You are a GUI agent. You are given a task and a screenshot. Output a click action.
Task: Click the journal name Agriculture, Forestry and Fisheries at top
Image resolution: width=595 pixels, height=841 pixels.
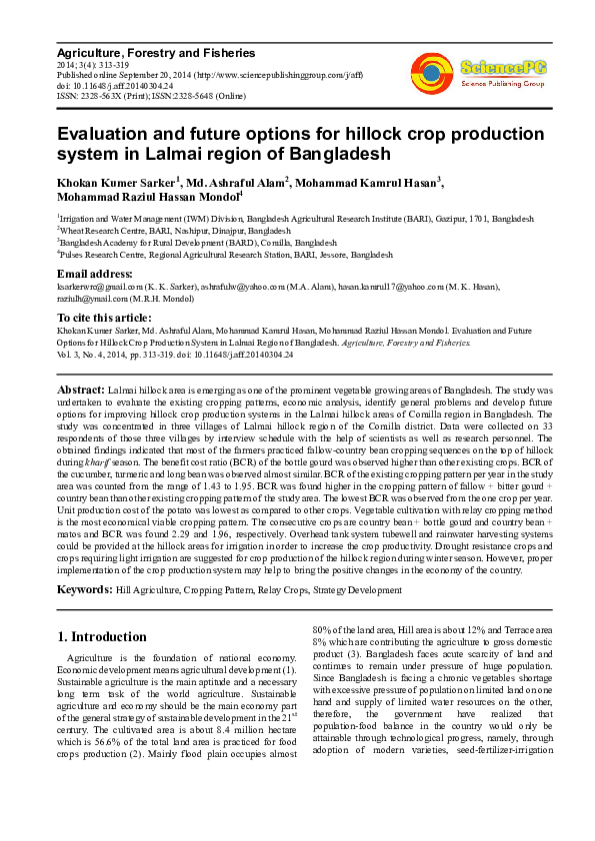155,53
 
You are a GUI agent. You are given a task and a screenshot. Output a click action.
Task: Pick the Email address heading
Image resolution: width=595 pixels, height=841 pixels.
95,274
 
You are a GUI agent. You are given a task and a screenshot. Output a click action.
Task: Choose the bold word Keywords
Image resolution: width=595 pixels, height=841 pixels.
85,590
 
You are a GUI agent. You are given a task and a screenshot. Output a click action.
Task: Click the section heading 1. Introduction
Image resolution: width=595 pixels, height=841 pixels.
102,636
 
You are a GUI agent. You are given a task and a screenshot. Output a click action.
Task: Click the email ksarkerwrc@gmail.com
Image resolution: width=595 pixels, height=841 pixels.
98,286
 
